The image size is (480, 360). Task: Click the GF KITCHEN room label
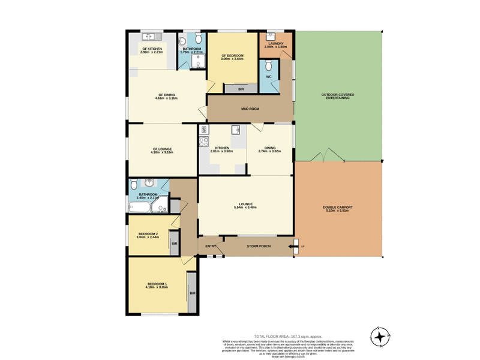[152, 49]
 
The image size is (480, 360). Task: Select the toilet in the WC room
[269, 65]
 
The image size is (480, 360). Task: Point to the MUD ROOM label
[250, 109]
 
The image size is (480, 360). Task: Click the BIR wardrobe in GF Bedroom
[240, 89]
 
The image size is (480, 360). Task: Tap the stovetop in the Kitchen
[203, 143]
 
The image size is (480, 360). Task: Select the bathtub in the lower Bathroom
[139, 207]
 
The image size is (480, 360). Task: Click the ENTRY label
[211, 246]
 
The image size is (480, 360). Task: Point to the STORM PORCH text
[259, 246]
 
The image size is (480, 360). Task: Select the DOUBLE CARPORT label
[338, 208]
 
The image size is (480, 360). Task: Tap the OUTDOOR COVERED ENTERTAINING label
[338, 96]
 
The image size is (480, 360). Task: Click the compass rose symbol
[379, 337]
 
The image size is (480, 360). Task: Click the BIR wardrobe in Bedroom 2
[174, 244]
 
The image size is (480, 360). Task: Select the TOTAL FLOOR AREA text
[288, 336]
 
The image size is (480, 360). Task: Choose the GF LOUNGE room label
[162, 149]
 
